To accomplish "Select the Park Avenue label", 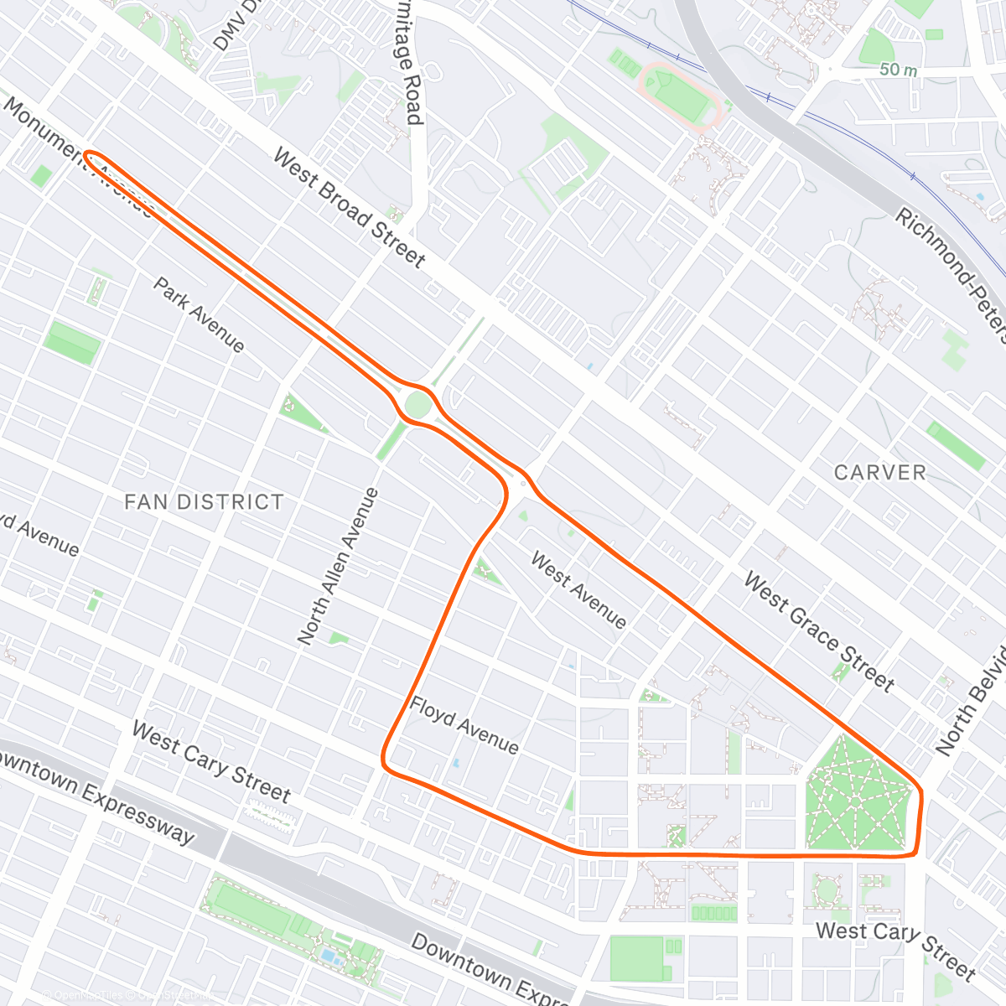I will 200,315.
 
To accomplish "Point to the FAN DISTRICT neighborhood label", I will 204,502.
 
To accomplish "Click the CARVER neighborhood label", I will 880,473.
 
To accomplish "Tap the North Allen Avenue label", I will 339,567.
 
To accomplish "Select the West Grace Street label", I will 819,631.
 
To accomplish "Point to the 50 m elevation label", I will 898,70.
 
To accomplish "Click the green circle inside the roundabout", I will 417,406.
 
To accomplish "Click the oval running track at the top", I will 679,95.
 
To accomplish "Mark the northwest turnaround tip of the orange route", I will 86,155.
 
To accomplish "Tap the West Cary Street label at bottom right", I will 895,947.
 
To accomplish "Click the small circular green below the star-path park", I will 827,889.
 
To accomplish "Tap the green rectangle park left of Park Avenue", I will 73,343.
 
